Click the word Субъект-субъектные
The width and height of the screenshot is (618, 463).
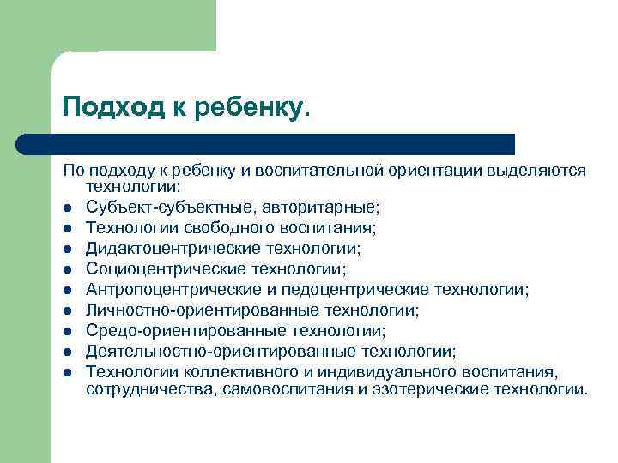[x=154, y=207]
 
